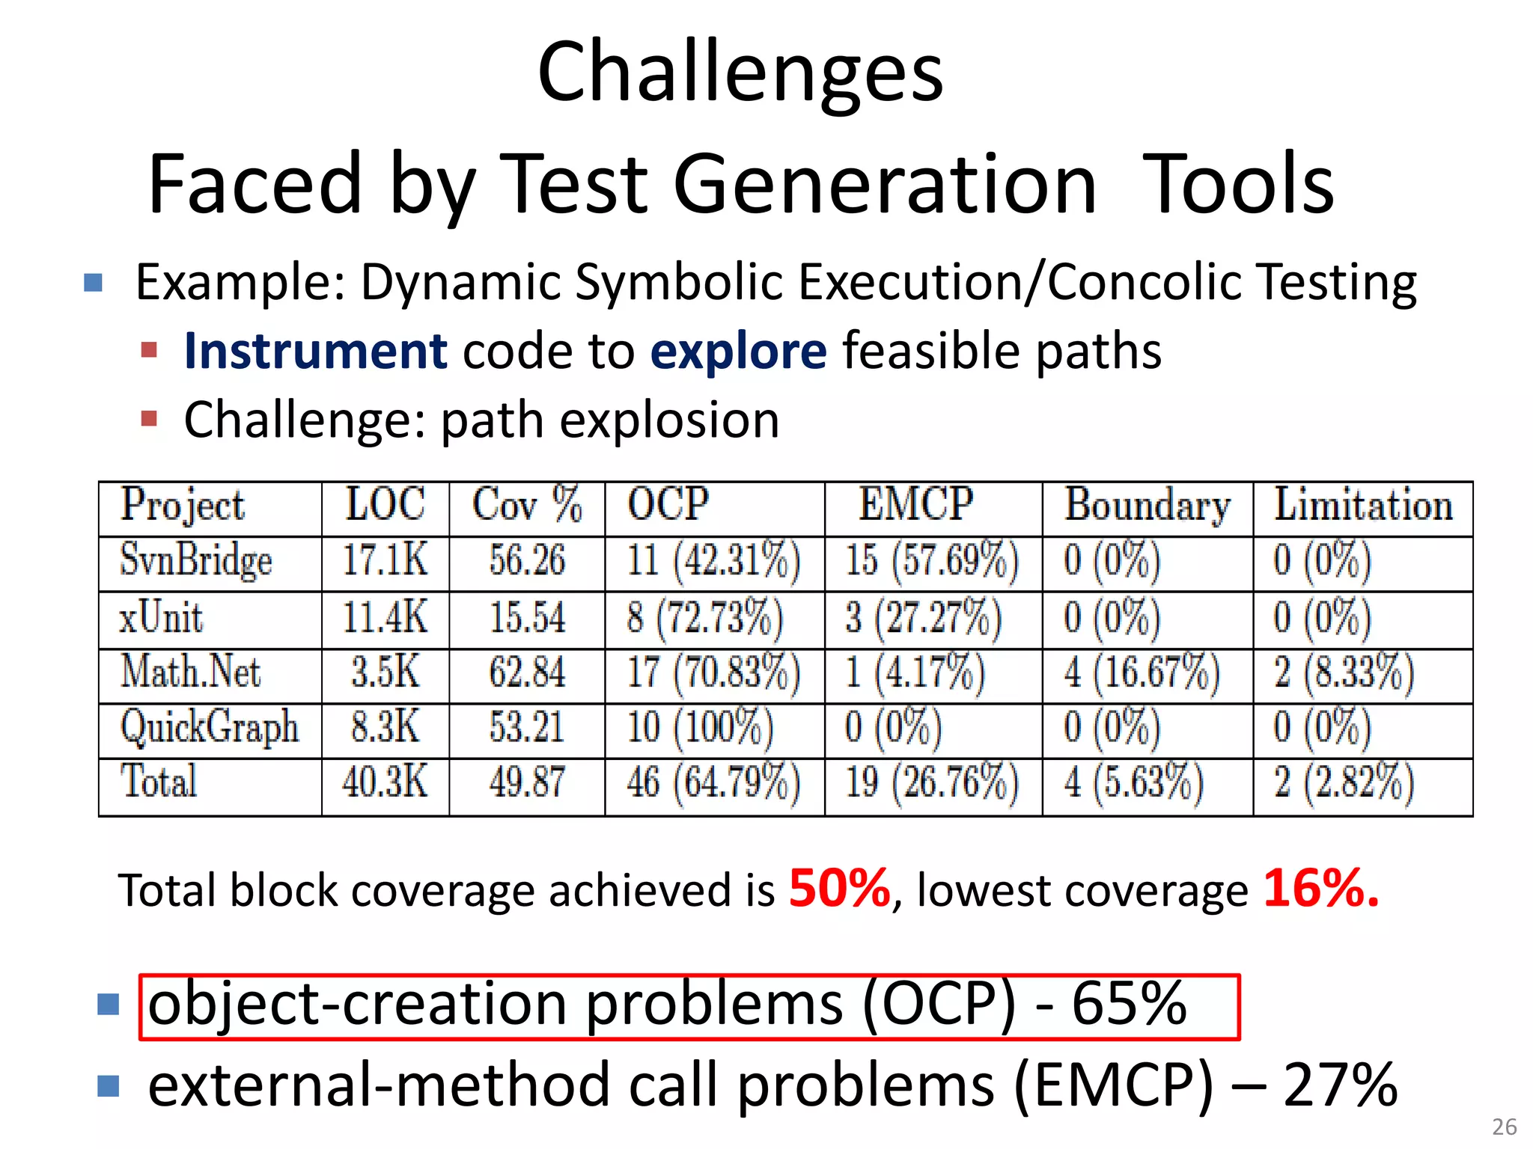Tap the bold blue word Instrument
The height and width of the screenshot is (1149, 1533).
pos(315,351)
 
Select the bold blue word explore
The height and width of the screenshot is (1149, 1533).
pos(738,351)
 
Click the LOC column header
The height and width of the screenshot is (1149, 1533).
pos(385,504)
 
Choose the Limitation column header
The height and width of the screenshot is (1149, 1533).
pos(1363,504)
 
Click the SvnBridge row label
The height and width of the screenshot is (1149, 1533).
pos(196,561)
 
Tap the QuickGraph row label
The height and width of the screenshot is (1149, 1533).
pos(210,728)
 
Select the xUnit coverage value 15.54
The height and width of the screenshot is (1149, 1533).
pos(527,619)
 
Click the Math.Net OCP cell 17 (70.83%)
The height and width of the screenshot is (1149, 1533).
pos(713,672)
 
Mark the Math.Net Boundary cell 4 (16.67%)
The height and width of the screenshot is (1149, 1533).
pos(1142,672)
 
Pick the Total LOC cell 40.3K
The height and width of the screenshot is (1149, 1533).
pos(385,782)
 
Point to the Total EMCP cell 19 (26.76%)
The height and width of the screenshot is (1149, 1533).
pos(932,782)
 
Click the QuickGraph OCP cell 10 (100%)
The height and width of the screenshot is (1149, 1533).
pos(700,728)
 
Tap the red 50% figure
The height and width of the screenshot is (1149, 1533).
pos(839,889)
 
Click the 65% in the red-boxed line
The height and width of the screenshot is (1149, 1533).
pos(1129,1003)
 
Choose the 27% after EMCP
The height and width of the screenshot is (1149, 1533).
pos(1340,1085)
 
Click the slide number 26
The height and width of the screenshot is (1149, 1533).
pos(1504,1127)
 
